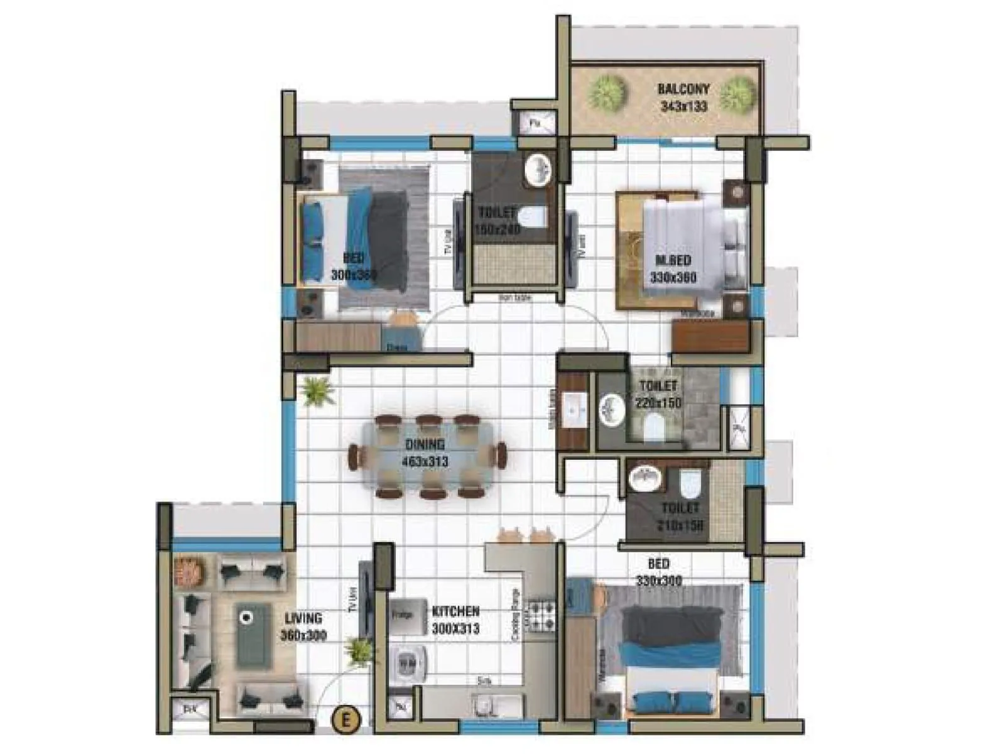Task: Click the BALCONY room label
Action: pos(683,89)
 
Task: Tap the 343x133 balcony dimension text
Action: pos(683,106)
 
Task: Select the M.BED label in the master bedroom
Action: pos(673,260)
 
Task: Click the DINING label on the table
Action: pos(425,445)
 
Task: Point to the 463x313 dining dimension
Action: pos(425,462)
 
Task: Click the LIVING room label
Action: pos(303,619)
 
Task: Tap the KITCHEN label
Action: pos(455,611)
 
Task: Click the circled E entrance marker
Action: pos(345,718)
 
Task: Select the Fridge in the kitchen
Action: pos(403,615)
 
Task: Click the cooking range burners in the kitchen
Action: pos(541,616)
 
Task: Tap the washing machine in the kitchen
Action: pos(408,664)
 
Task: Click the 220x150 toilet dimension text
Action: pos(658,403)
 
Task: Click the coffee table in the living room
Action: pos(254,635)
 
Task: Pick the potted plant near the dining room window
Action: pos(317,391)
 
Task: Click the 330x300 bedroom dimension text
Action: pos(658,581)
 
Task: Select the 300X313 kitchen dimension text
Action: pos(455,628)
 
